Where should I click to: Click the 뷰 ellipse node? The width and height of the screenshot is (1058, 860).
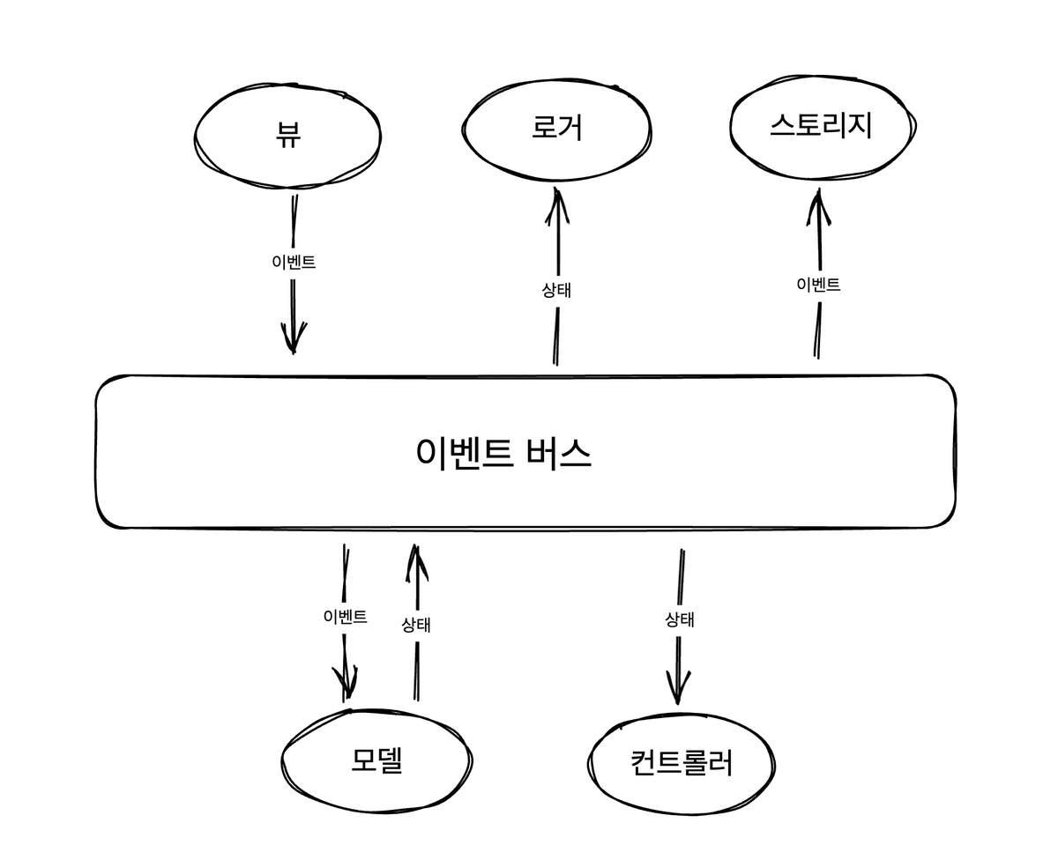287,137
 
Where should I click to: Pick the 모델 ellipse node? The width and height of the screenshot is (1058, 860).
376,760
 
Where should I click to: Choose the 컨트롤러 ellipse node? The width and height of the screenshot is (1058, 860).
682,762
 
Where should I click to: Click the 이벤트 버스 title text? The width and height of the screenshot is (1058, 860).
503,453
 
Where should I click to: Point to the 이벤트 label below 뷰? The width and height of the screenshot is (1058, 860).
294,262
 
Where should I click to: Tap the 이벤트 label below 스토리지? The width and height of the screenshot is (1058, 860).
818,284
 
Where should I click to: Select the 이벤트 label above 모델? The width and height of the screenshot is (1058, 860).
346,616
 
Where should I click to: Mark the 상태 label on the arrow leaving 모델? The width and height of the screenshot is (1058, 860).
416,625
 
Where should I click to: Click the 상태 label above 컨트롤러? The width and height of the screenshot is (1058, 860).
679,619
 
